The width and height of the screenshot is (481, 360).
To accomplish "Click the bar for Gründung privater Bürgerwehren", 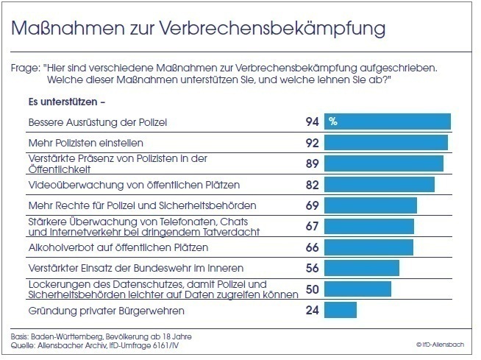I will pyautogui.click(x=341, y=310).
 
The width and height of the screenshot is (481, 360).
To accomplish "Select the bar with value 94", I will pyautogui.click(x=388, y=121).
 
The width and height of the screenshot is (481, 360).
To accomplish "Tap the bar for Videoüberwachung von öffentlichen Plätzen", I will pyautogui.click(x=380, y=184).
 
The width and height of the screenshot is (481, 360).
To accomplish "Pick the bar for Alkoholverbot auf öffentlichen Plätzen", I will pyautogui.click(x=369, y=247).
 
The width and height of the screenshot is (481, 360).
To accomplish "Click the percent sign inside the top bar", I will pyautogui.click(x=333, y=121).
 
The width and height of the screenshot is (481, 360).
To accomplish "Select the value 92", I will pyautogui.click(x=311, y=142).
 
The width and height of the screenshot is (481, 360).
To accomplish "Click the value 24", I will pyautogui.click(x=311, y=310).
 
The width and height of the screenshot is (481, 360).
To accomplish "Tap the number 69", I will pyautogui.click(x=311, y=205).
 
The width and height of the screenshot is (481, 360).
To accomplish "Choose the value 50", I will pyautogui.click(x=311, y=289).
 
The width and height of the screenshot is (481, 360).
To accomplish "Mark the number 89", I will pyautogui.click(x=311, y=163).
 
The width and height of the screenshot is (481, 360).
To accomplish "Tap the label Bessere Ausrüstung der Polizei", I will pyautogui.click(x=87, y=121).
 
